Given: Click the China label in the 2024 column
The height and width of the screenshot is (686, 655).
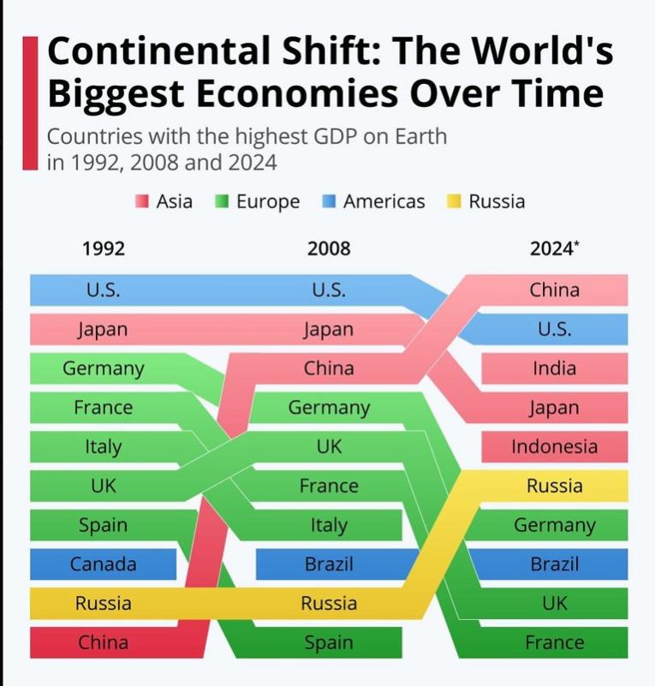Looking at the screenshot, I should tap(554, 290).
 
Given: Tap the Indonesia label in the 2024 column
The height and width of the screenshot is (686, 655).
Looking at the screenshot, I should tap(554, 447).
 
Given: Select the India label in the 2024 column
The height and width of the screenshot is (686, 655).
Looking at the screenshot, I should tap(554, 369).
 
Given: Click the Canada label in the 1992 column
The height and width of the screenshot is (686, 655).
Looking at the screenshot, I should tap(103, 564).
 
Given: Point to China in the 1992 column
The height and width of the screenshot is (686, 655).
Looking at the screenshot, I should tap(103, 642).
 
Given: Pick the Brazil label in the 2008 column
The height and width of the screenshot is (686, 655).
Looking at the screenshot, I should tap(329, 564).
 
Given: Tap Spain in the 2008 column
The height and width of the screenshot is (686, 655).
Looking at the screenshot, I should tap(329, 642).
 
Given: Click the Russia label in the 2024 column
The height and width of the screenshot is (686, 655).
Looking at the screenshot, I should tap(554, 486).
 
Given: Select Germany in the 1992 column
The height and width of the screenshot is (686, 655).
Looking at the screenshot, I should tap(103, 369).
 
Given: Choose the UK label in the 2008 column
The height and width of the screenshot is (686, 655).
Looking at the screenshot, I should tap(329, 447).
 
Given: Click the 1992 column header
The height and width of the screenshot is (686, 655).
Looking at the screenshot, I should tap(103, 249).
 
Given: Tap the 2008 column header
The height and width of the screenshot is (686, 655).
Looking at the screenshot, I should tap(329, 249).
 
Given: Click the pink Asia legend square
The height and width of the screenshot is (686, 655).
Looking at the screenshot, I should tap(142, 202).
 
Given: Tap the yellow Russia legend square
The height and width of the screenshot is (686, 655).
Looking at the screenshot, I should tap(454, 202).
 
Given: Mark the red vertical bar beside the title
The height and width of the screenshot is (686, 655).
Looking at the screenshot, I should tap(30, 103).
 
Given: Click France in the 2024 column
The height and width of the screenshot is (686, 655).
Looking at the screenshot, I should tap(554, 642).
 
